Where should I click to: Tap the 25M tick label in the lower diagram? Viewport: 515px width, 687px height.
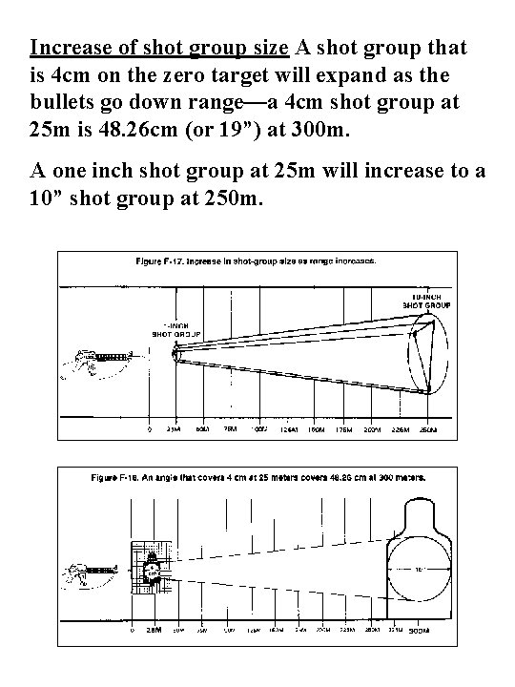coord(153,633)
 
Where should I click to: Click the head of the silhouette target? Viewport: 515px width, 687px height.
coord(420,510)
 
